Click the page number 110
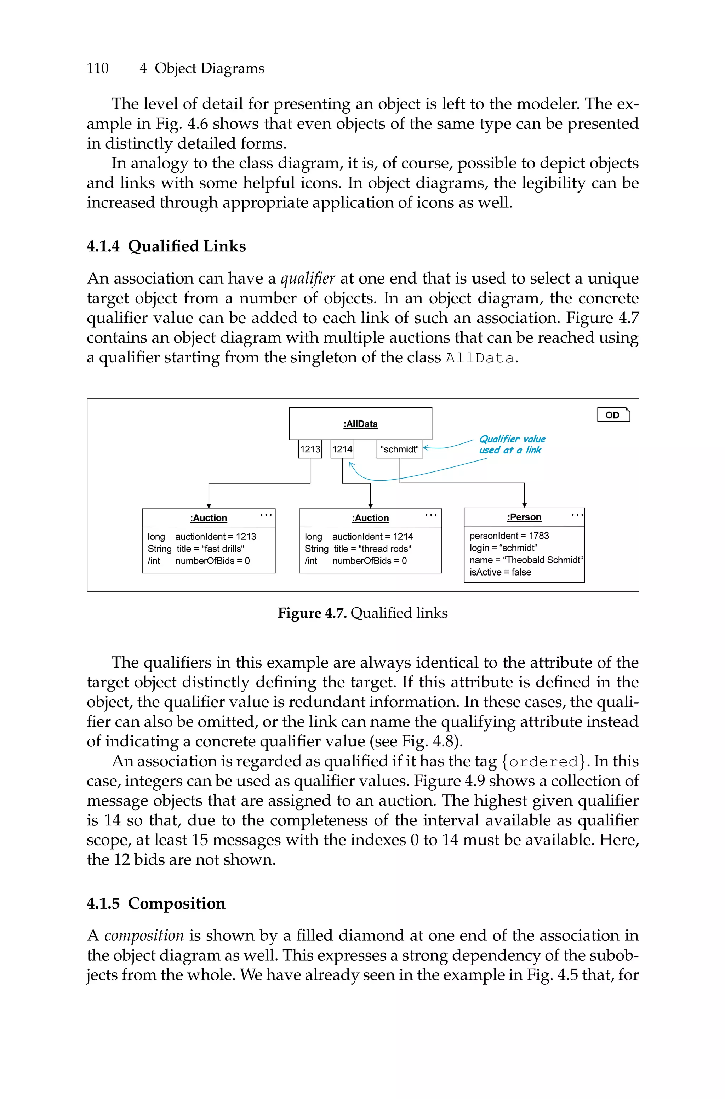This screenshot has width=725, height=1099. (98, 68)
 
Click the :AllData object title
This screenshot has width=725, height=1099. (360, 424)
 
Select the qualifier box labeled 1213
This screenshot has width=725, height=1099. (310, 449)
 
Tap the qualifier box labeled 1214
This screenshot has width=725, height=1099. (342, 449)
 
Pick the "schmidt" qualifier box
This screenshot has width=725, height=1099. (399, 449)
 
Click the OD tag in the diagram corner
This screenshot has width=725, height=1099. (613, 414)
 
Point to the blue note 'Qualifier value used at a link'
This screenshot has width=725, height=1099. (512, 444)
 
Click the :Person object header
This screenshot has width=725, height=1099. (524, 517)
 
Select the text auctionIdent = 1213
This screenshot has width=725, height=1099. (216, 536)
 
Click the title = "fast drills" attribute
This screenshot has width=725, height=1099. (210, 549)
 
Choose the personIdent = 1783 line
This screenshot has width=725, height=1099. (509, 535)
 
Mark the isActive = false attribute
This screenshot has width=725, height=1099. (500, 572)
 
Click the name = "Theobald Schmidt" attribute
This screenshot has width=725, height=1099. (526, 560)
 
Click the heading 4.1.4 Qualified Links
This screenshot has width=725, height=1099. (166, 246)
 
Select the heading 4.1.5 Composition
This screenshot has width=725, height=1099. (156, 903)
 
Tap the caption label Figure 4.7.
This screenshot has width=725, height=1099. (312, 613)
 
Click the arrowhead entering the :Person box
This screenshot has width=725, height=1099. (524, 505)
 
